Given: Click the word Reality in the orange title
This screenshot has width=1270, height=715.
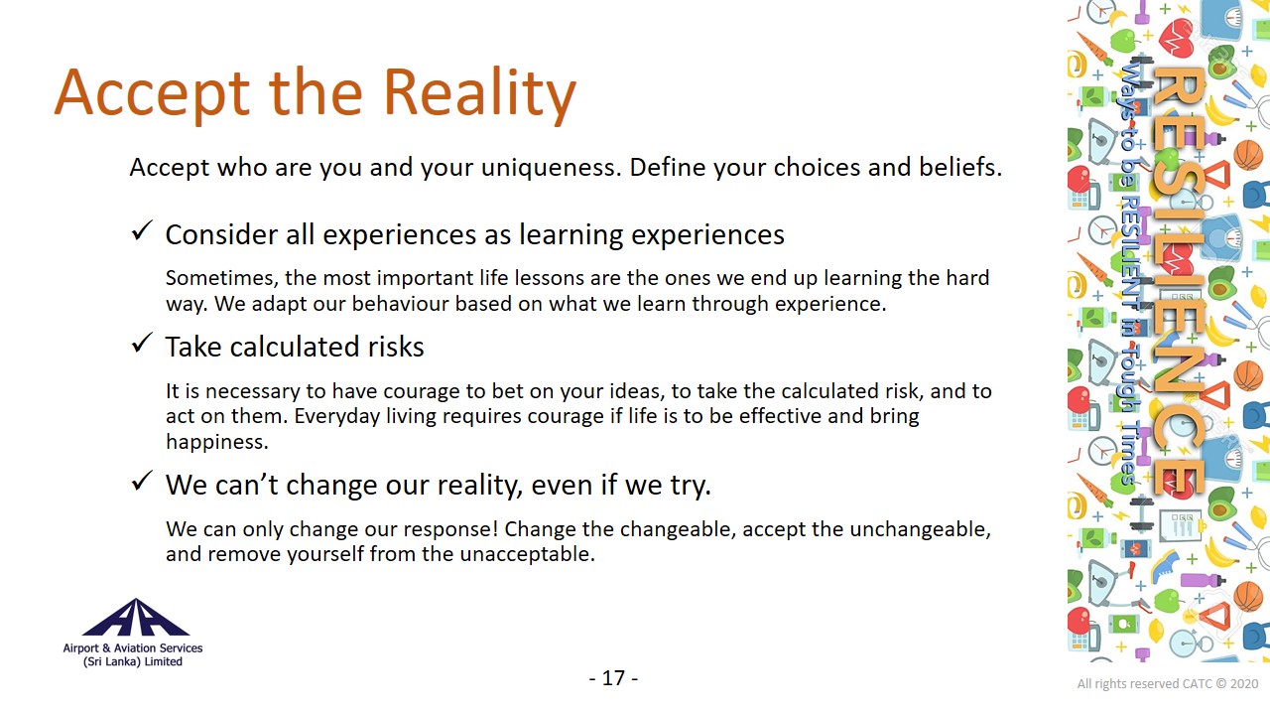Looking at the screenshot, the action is (479, 93).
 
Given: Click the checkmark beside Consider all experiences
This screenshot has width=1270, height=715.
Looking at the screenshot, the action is (142, 230).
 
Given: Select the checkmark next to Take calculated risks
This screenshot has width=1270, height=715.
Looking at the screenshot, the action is (142, 343).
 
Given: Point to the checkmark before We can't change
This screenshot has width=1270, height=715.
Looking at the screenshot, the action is (142, 481).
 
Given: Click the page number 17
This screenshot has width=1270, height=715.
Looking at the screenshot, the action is (613, 678).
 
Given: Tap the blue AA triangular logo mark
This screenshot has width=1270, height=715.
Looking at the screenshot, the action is (136, 618).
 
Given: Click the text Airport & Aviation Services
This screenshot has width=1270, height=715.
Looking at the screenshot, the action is (133, 648).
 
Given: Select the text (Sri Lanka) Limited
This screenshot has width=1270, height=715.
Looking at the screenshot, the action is (133, 661).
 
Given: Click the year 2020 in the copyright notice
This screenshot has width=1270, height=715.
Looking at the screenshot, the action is (1244, 684).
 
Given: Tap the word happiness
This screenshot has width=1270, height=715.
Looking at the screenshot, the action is (217, 442).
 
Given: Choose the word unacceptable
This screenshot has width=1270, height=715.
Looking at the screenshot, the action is (527, 554).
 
